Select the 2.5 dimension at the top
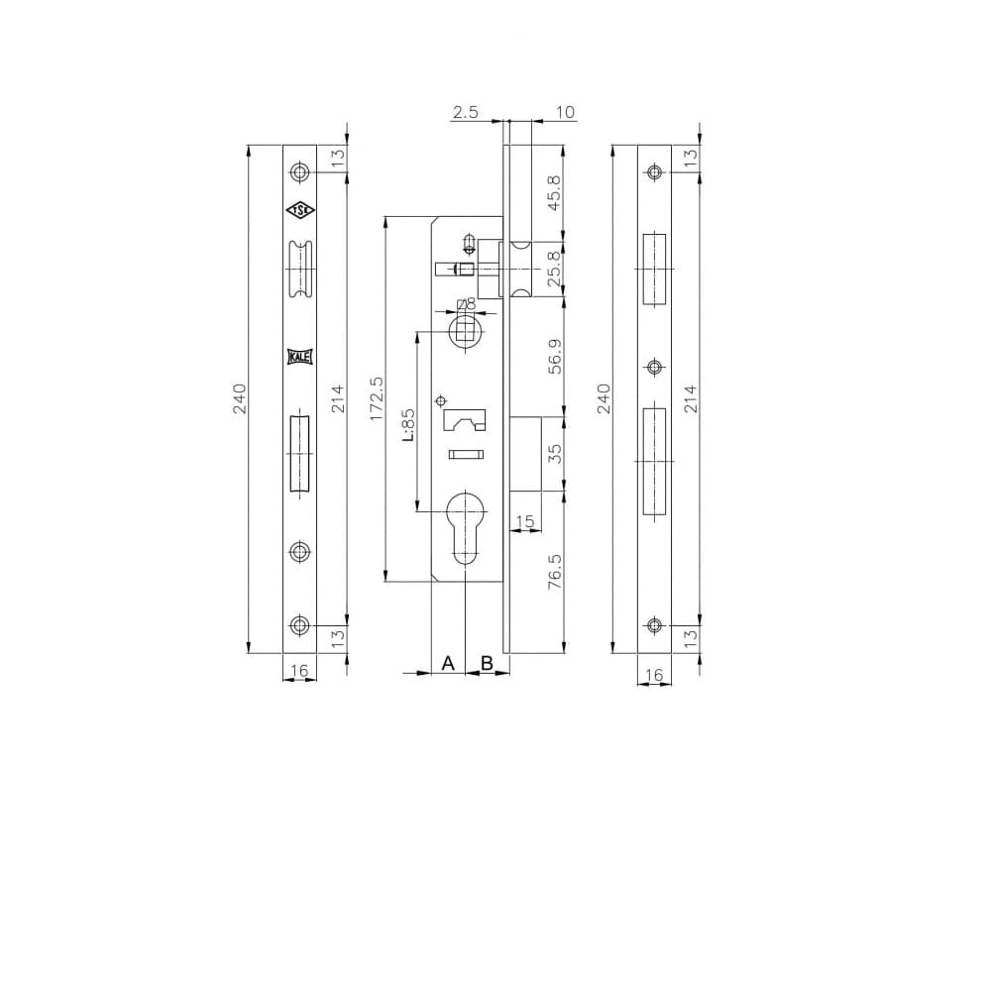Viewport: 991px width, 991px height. (465, 113)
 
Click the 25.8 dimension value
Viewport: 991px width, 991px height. (555, 270)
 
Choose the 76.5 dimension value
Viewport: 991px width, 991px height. (555, 572)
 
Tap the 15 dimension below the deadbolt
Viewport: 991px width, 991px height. (524, 521)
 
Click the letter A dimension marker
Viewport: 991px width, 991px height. (447, 662)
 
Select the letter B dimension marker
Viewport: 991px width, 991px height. (487, 662)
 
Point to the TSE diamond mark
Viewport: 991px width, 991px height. (299, 210)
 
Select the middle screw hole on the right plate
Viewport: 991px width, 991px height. (653, 367)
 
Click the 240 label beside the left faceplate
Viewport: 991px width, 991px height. (239, 398)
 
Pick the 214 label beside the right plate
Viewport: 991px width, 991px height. (691, 398)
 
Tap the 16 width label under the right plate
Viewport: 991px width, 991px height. (653, 675)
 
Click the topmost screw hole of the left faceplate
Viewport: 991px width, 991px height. (299, 172)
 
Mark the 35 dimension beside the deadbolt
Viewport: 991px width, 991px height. (555, 454)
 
